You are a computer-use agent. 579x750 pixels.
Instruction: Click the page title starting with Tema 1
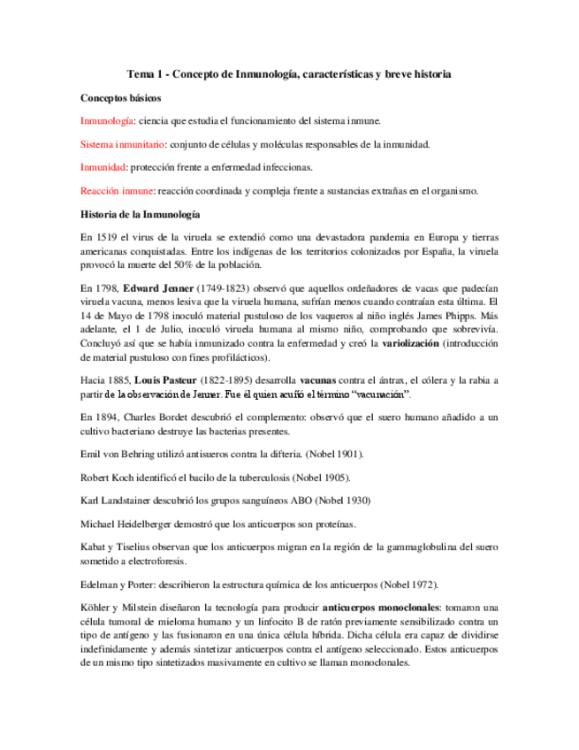point(289,75)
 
